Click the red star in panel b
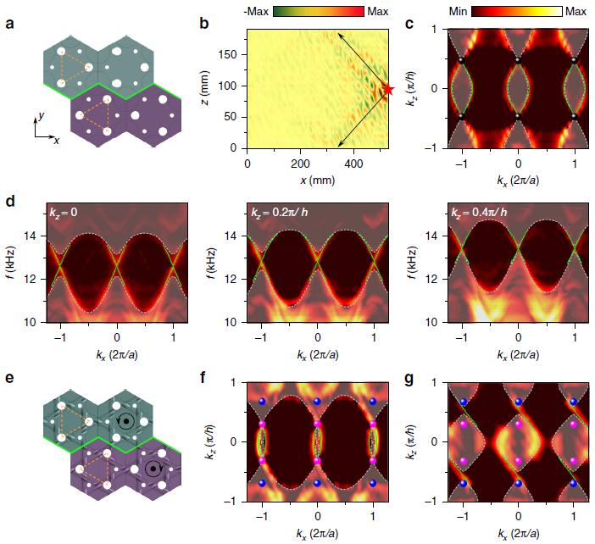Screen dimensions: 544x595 pos(389,89)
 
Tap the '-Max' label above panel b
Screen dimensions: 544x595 pos(256,11)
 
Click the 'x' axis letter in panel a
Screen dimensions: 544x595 pos(57,140)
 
